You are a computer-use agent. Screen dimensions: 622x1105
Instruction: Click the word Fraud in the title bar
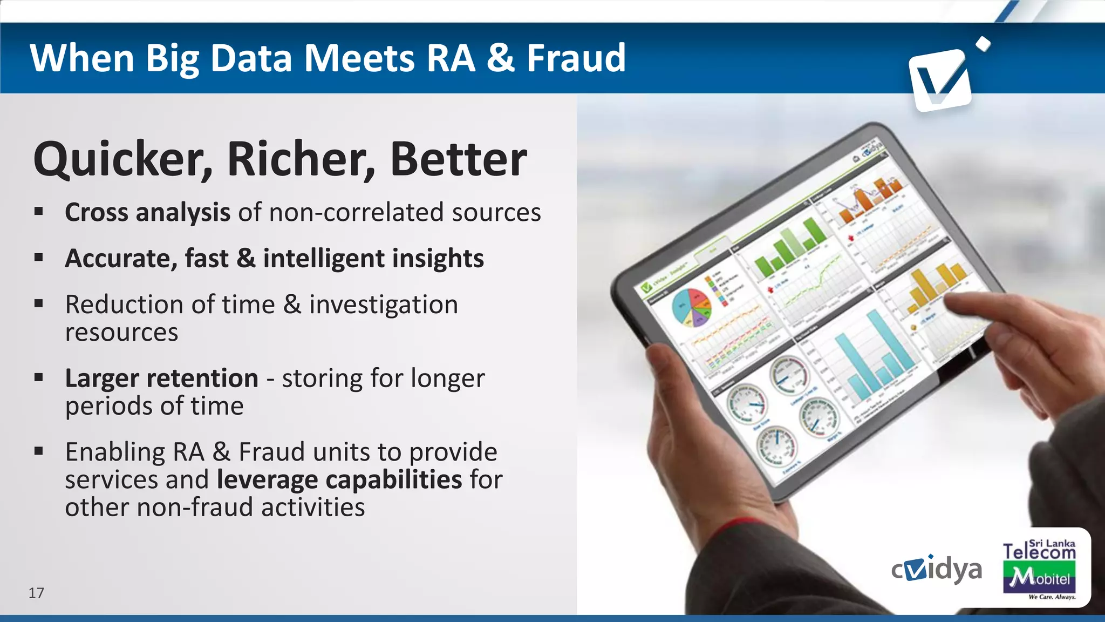(x=576, y=58)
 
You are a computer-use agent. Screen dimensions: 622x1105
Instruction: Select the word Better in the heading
(x=458, y=159)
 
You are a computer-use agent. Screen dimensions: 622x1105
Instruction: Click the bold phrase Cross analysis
(x=147, y=212)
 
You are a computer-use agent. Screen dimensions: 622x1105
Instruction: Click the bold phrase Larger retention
(x=161, y=378)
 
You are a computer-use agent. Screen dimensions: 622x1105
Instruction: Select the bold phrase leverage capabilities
(x=339, y=479)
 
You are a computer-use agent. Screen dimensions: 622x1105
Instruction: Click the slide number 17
(x=36, y=593)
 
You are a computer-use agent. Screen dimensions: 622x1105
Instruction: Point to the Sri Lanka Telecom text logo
(x=1039, y=550)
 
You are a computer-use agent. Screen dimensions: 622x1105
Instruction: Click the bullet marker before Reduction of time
(x=38, y=304)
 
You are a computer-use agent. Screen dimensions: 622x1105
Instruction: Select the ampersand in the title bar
(x=501, y=58)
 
